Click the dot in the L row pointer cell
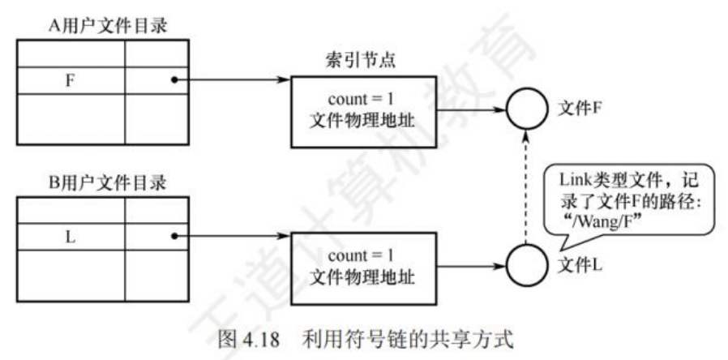[x=174, y=238]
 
